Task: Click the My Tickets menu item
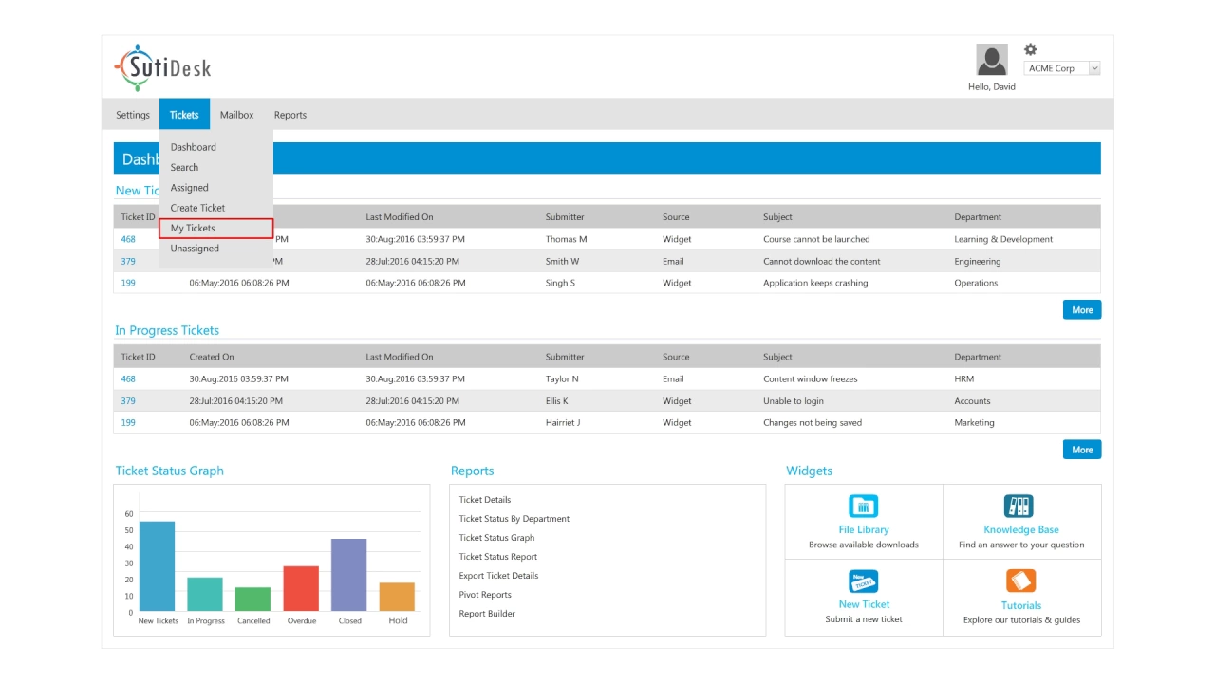click(193, 229)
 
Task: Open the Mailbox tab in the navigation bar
click(237, 115)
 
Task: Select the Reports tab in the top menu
click(290, 115)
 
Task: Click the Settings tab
click(133, 115)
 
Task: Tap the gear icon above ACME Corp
click(1031, 49)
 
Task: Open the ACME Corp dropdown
click(1063, 68)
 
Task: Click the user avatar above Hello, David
click(992, 60)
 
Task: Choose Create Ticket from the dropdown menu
click(197, 208)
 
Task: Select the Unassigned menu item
click(195, 249)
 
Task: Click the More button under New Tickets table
click(1082, 310)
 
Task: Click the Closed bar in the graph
click(349, 575)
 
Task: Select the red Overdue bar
click(301, 588)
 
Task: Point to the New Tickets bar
click(158, 566)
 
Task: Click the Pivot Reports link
click(485, 595)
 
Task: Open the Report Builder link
click(487, 614)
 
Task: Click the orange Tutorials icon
click(1020, 581)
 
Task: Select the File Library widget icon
click(864, 506)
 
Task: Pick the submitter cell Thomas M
click(566, 239)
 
